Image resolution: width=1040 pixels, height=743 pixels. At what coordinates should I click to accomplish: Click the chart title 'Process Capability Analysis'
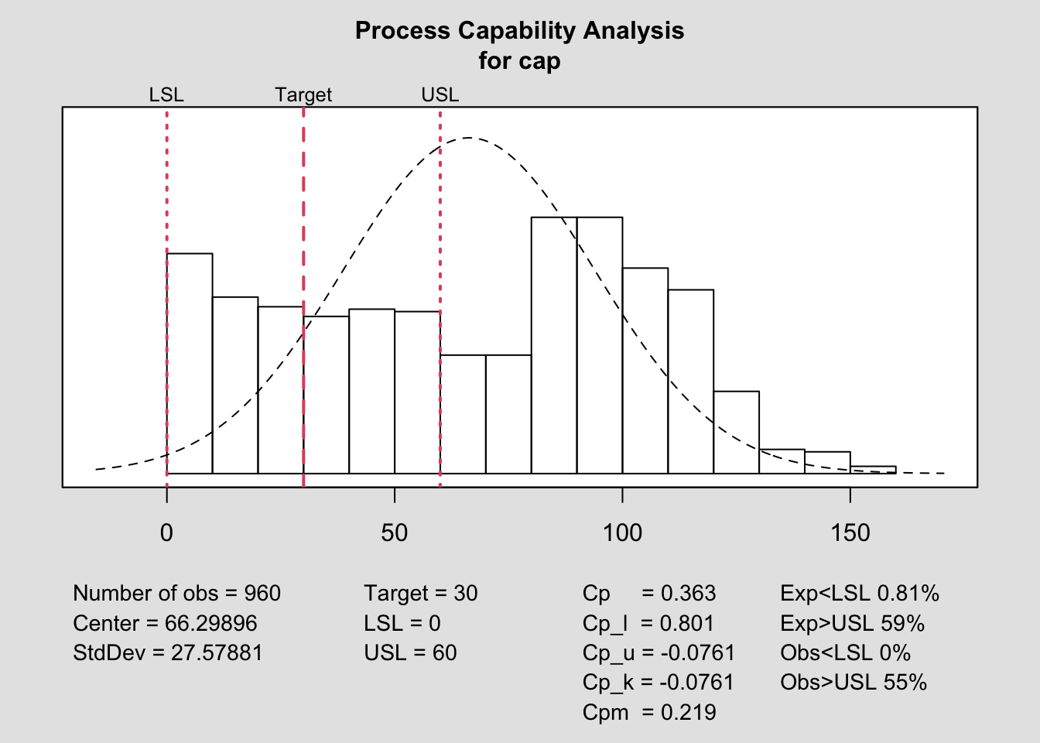tap(519, 31)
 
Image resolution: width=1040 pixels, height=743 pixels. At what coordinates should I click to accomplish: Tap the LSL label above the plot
tap(166, 95)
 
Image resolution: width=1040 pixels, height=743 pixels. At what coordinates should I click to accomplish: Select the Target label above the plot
tap(303, 95)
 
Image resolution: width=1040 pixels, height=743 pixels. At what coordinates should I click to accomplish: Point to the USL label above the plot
tap(440, 95)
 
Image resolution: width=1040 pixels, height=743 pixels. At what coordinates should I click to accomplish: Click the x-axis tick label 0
tap(166, 532)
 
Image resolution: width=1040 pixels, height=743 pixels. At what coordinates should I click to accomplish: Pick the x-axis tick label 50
tap(394, 532)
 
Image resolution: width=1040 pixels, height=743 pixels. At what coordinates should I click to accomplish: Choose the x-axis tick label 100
tap(622, 532)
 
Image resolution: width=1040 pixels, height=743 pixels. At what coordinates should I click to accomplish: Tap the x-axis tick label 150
tap(850, 532)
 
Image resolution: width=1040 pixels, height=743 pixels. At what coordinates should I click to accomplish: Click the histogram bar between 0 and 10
tap(190, 364)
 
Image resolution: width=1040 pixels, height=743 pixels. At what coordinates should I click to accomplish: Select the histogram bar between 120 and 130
tap(736, 433)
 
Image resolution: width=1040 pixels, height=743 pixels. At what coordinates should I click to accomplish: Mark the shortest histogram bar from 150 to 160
tap(873, 470)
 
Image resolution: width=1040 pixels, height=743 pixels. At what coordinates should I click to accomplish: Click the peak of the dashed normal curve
tap(469, 138)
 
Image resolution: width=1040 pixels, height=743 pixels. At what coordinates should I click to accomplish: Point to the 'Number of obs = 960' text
tap(176, 594)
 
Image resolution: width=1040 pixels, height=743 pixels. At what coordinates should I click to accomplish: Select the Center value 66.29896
tap(210, 624)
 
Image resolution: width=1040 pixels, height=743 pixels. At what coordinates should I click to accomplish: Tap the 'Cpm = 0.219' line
tap(649, 712)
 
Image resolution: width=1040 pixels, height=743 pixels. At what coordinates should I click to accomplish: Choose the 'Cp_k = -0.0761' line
tap(659, 683)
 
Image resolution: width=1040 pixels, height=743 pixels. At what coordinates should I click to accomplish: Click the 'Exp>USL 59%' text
tap(852, 624)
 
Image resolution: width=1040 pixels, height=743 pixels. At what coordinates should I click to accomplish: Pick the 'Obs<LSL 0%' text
tap(845, 653)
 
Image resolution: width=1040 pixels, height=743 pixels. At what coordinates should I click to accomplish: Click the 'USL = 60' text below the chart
tap(410, 653)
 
